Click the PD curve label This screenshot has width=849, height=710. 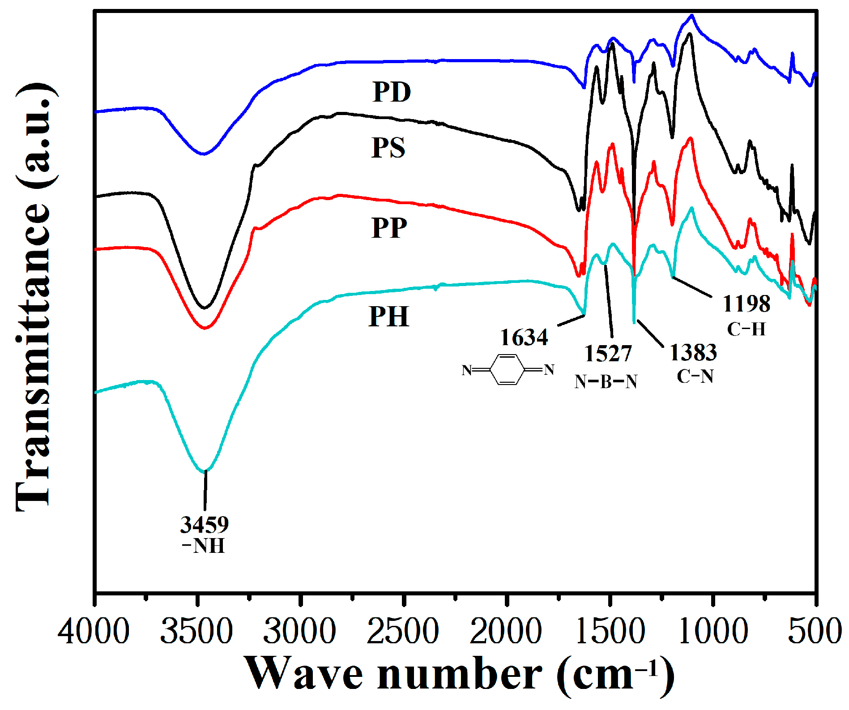[392, 92]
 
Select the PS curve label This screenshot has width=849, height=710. [388, 148]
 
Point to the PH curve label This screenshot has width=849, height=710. [389, 317]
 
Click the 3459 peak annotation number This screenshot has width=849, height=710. [204, 524]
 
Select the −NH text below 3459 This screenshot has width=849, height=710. [204, 546]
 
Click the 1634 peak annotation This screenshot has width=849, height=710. [524, 338]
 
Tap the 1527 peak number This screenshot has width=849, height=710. [608, 354]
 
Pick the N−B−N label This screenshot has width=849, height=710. [606, 382]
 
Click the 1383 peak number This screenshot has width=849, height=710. [693, 353]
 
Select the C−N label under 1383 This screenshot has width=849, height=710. [695, 376]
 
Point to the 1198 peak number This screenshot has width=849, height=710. [747, 304]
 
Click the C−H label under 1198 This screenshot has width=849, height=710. [746, 329]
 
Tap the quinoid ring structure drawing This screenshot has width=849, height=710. [508, 370]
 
